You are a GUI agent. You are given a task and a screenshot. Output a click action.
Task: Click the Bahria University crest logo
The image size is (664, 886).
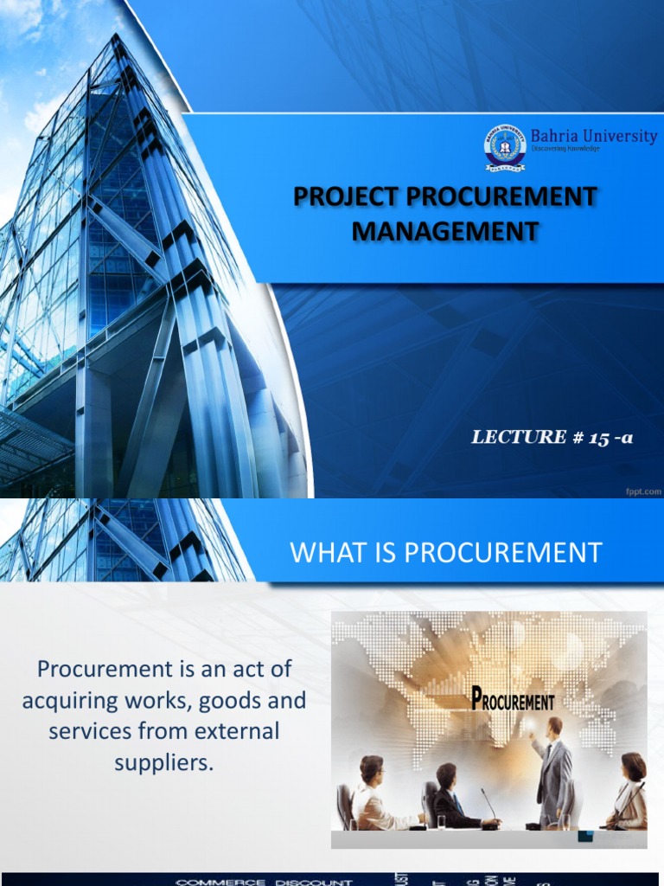click(504, 147)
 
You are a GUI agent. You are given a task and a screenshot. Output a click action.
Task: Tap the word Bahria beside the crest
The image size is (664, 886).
click(553, 136)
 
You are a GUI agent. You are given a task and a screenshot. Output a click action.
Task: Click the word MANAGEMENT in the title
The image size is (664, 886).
click(445, 231)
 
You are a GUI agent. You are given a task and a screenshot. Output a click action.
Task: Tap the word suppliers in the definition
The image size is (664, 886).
click(163, 761)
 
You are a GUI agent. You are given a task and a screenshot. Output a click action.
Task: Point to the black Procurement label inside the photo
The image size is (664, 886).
click(514, 700)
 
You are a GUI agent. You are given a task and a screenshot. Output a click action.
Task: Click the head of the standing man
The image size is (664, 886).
click(554, 726)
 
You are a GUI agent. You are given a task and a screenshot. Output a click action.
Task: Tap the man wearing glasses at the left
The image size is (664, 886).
click(373, 791)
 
